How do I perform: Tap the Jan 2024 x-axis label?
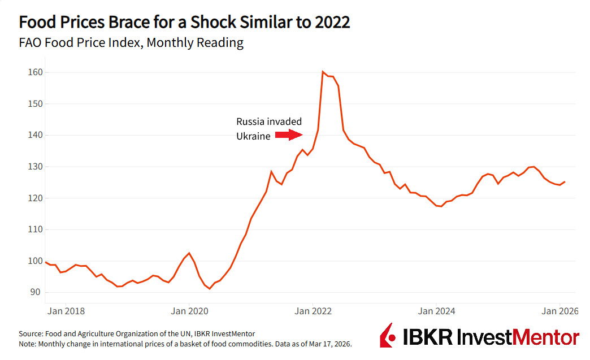[x=436, y=310]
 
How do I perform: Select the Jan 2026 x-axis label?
[x=559, y=310]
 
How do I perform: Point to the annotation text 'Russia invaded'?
[x=269, y=122]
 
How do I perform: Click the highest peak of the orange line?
[x=322, y=72]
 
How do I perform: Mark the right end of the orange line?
[x=565, y=181]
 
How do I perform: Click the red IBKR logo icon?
[x=387, y=336]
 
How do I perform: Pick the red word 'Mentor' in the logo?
[x=546, y=337]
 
